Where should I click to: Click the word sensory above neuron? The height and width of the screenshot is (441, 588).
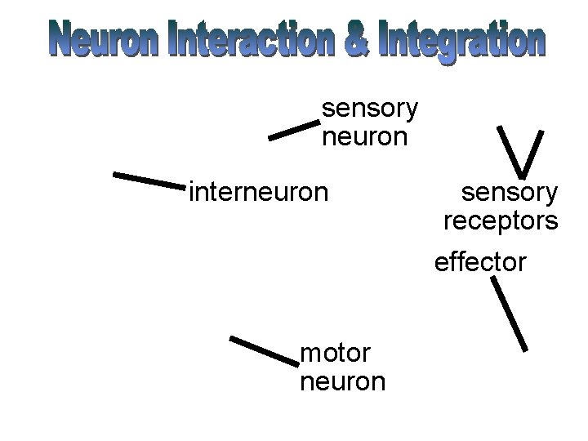[370, 108]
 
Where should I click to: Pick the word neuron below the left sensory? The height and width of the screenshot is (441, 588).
[364, 136]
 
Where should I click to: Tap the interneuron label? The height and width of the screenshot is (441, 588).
[258, 192]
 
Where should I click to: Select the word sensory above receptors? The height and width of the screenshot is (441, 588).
[510, 193]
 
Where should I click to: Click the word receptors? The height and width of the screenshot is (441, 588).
[501, 220]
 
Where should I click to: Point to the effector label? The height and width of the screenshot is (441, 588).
[481, 263]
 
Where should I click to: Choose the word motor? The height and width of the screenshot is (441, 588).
[336, 353]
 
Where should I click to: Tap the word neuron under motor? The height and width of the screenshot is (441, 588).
[343, 381]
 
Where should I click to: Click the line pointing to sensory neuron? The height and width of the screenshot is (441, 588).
[293, 130]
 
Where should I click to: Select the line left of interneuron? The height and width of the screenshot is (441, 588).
[149, 180]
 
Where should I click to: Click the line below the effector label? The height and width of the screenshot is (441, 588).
[509, 314]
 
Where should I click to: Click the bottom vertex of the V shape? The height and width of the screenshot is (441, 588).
[520, 175]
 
